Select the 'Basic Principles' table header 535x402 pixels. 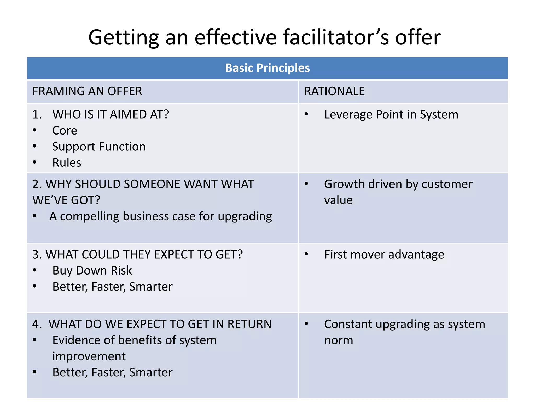pyautogui.click(x=267, y=68)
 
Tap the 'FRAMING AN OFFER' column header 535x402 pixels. pyautogui.click(x=87, y=91)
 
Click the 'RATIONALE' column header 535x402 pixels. pyautogui.click(x=334, y=91)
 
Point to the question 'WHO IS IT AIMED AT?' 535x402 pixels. pyautogui.click(x=111, y=114)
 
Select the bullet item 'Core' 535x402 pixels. pyautogui.click(x=65, y=131)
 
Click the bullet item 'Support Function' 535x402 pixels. pyautogui.click(x=99, y=147)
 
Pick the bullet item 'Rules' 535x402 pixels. pyautogui.click(x=67, y=163)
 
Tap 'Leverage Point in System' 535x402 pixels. pyautogui.click(x=391, y=114)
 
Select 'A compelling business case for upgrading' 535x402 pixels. pyautogui.click(x=160, y=216)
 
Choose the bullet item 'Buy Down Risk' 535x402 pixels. pyautogui.click(x=92, y=271)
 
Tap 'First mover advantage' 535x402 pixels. pyautogui.click(x=384, y=254)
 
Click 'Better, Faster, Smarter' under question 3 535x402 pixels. pyautogui.click(x=112, y=287)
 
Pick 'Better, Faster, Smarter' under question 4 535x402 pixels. pyautogui.click(x=112, y=372)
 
